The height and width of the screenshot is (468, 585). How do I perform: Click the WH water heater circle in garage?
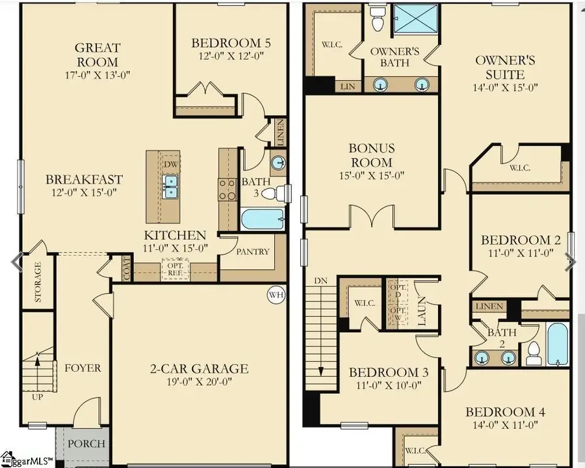(x=276, y=295)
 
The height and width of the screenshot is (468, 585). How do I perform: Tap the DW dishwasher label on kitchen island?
(x=171, y=165)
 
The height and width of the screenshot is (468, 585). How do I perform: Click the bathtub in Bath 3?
(x=262, y=219)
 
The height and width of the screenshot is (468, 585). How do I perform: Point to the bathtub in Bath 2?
(x=558, y=344)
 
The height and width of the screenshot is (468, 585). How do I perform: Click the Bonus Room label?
(x=371, y=155)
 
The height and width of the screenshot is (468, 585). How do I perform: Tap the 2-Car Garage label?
(x=200, y=368)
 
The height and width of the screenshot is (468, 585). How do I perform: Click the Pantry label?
(x=253, y=251)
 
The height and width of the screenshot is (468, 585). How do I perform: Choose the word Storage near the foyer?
(x=38, y=282)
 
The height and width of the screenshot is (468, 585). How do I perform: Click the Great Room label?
(x=97, y=55)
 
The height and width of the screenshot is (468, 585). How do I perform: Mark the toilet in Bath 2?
(x=533, y=352)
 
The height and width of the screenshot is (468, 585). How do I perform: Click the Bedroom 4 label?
(x=504, y=411)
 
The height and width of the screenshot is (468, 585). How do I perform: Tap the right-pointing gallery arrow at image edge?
(x=570, y=261)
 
